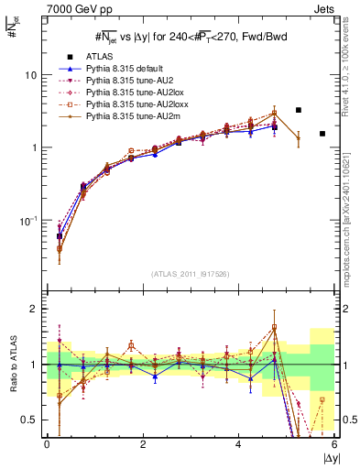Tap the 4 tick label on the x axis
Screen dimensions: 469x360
tap(239, 443)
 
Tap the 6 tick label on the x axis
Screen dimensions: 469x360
tap(334, 443)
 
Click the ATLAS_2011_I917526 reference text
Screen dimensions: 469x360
tap(190, 275)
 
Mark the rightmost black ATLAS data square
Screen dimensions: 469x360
tap(322, 134)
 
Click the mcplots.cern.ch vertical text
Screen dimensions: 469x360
tap(351, 202)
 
